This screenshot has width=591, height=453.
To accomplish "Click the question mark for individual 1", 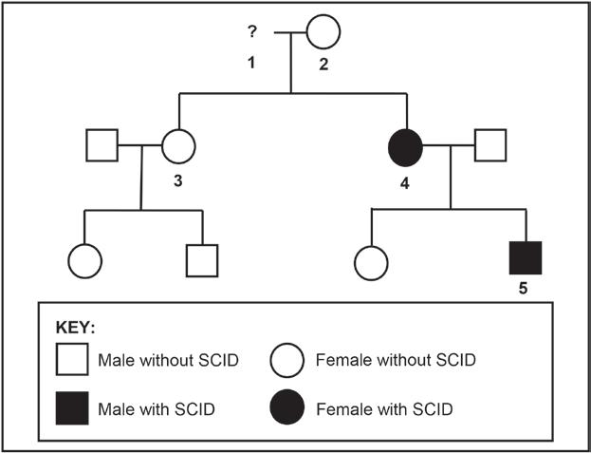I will pos(252,31).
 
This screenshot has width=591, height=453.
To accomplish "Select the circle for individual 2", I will pos(323,32).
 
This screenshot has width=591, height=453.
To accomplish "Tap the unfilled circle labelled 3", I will pos(178,145).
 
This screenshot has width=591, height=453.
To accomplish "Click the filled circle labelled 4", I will pos(405,146).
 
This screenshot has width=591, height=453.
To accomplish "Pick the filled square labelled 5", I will pos(526,258).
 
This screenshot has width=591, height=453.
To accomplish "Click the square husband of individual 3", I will pos(102,145).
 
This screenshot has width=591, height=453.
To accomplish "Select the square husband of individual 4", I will pos(489,145).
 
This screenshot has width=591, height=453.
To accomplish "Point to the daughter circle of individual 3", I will pos(84,260).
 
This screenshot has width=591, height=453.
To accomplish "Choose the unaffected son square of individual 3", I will pos(202,260).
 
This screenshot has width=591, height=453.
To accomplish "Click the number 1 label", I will pos(251,63).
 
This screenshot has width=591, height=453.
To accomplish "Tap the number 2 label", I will pos(323,64).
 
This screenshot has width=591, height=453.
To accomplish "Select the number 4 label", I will pos(405,181).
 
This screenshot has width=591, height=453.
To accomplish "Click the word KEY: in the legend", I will pos(77,329).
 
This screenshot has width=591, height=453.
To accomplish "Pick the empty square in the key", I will pos(72,362).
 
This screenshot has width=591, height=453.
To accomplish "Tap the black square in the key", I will pos(72,409).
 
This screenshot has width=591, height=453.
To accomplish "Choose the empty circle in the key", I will pos(288,362).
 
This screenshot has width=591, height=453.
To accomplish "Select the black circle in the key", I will pos(288,409).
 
